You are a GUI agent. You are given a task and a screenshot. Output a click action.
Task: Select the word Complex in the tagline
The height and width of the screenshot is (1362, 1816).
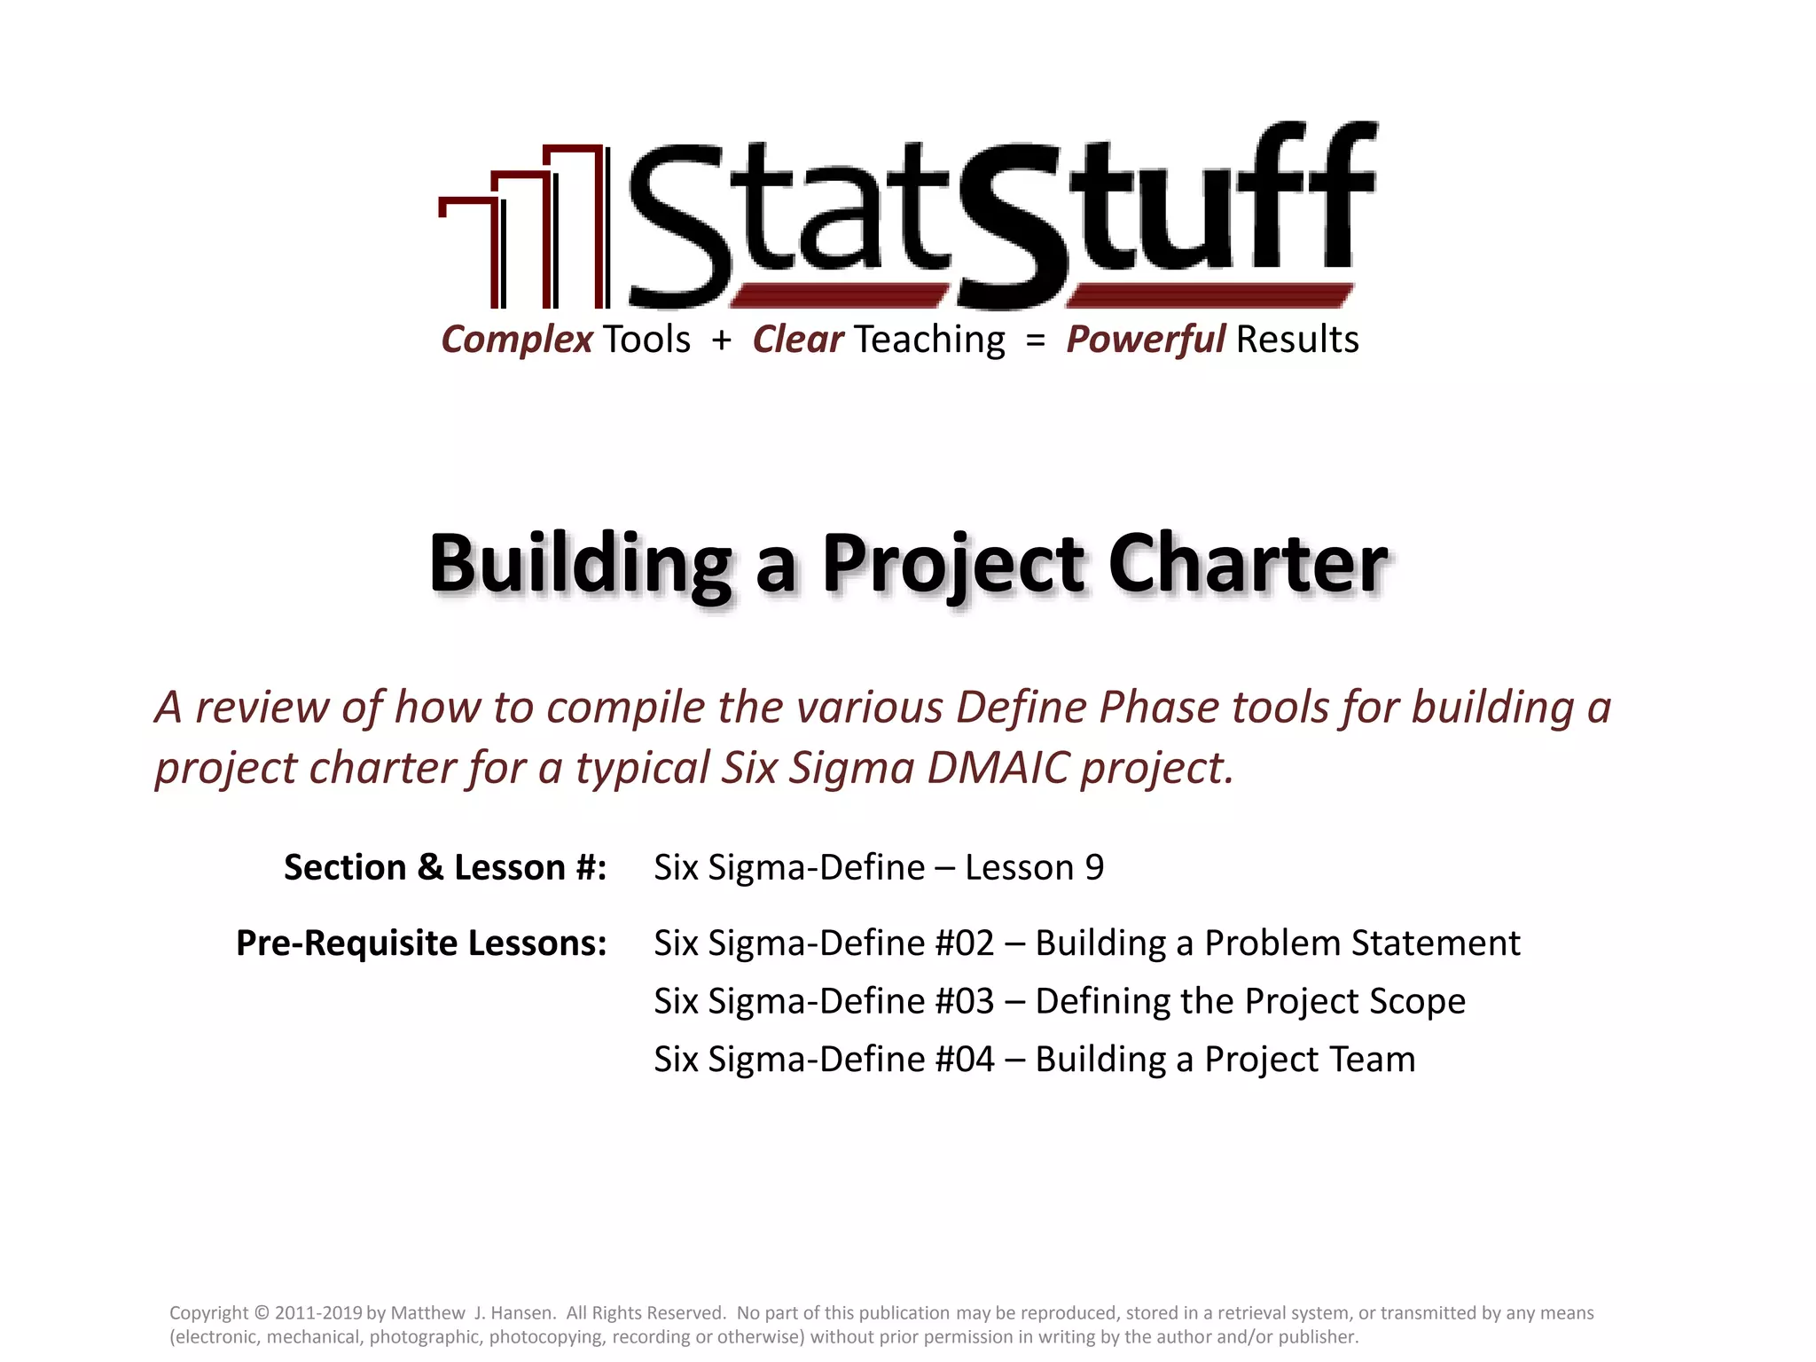pyautogui.click(x=517, y=340)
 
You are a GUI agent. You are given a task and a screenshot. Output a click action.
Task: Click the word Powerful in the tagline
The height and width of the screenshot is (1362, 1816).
pyautogui.click(x=1145, y=340)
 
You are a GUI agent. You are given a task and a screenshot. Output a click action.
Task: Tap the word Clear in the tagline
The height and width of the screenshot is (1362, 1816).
pyautogui.click(x=798, y=340)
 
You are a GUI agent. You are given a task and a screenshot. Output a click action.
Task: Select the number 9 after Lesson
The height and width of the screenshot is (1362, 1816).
pyautogui.click(x=1094, y=867)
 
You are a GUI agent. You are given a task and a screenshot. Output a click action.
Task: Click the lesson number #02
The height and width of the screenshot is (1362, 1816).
pyautogui.click(x=965, y=943)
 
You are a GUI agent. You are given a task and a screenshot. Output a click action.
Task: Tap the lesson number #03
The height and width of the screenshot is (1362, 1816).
pyautogui.click(x=965, y=1001)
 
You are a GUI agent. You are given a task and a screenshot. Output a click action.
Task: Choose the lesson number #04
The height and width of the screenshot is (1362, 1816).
pyautogui.click(x=965, y=1060)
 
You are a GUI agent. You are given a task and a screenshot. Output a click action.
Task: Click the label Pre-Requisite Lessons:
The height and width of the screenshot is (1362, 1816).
pyautogui.click(x=421, y=943)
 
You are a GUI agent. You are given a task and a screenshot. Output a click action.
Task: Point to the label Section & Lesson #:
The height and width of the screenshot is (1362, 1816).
pyautogui.click(x=445, y=867)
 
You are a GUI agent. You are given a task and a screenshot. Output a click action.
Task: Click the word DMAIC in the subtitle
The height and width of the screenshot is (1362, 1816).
pyautogui.click(x=998, y=768)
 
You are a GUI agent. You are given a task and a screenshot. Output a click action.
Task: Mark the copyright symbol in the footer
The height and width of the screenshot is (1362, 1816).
pyautogui.click(x=261, y=1313)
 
